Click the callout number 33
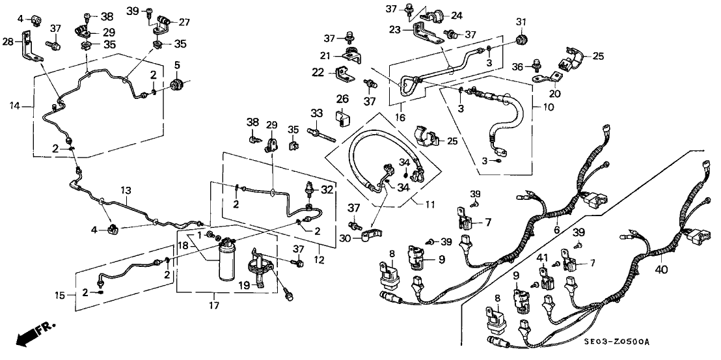[x=317, y=113]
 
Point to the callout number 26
[x=342, y=99]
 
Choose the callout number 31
[x=520, y=23]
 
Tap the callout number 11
[x=429, y=204]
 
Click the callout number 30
[x=345, y=239]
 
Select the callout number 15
[x=60, y=296]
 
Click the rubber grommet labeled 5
[x=176, y=86]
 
